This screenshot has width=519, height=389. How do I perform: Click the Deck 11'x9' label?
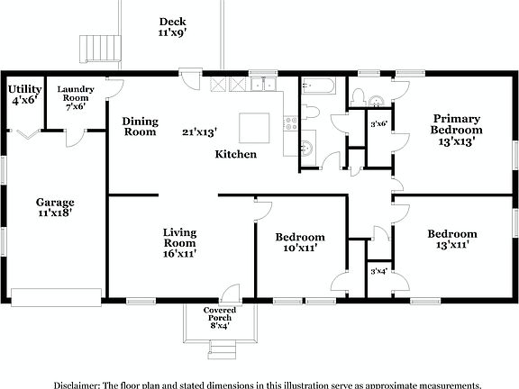pos(172,28)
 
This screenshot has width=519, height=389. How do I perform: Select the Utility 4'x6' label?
pos(24,95)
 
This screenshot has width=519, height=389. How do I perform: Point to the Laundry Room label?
pos(76,97)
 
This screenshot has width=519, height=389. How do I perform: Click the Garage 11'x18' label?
pos(55,209)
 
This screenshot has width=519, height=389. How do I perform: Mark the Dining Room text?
pos(140,126)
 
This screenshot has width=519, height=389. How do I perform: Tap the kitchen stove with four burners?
pos(290,123)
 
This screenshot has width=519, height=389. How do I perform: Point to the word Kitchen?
pos(235,154)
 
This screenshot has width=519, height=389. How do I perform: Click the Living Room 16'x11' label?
pos(179,243)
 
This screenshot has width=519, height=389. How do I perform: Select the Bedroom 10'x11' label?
pos(300,243)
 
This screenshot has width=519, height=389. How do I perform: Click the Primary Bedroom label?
pos(456,129)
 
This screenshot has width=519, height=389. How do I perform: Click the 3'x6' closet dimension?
pos(379,124)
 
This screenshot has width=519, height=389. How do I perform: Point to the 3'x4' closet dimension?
pos(379,271)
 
